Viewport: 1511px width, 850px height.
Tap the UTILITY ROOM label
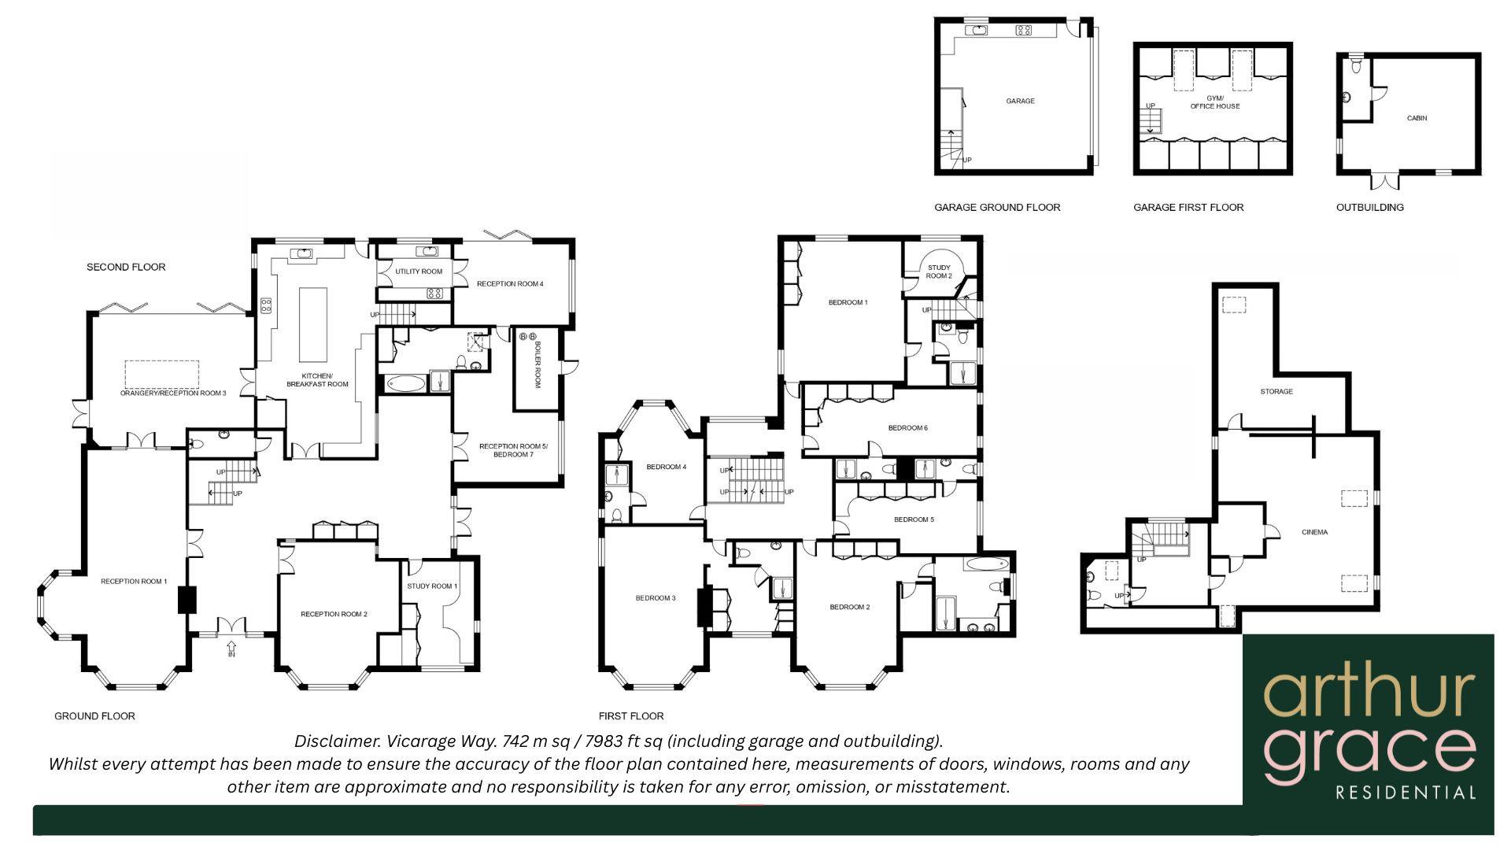tap(419, 272)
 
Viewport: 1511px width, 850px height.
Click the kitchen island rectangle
tap(313, 323)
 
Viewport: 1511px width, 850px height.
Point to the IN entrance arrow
tap(231, 649)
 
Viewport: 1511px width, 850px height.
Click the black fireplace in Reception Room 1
tap(187, 600)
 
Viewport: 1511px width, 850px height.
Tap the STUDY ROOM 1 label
tap(432, 586)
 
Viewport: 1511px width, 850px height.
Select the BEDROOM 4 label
tap(666, 467)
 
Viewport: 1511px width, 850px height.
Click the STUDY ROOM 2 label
tap(939, 272)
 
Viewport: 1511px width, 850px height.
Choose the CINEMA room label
tap(1314, 532)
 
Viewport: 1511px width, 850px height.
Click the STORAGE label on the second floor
tap(1276, 391)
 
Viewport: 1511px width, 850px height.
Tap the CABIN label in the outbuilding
tap(1417, 118)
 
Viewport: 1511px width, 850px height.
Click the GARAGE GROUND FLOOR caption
tap(997, 208)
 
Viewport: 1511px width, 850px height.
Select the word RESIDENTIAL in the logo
tap(1406, 793)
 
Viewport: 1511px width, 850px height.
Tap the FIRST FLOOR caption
tap(630, 716)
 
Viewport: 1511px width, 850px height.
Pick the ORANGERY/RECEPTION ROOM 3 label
tap(173, 393)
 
